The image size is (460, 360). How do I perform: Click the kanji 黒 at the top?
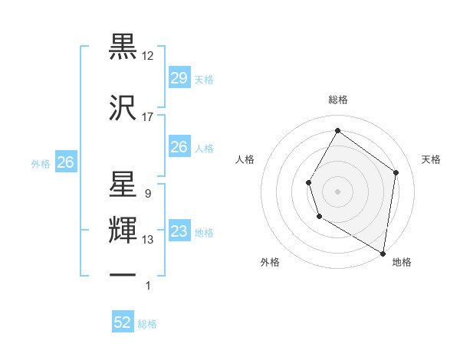click(x=123, y=47)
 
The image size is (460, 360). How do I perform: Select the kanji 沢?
click(x=123, y=107)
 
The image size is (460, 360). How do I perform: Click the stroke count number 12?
click(x=148, y=56)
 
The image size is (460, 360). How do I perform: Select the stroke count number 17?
click(x=148, y=116)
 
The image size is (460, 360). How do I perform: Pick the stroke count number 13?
click(x=148, y=240)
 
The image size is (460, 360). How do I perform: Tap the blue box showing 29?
click(x=179, y=78)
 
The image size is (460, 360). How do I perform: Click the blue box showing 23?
click(x=179, y=231)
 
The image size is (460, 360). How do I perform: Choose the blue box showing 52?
click(x=123, y=322)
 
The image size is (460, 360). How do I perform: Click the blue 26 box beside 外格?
click(x=65, y=162)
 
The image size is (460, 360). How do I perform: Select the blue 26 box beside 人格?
click(x=179, y=147)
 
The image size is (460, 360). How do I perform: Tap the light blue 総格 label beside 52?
click(x=147, y=324)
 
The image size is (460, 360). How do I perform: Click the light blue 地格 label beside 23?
click(x=204, y=233)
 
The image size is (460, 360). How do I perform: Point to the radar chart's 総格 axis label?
click(x=337, y=100)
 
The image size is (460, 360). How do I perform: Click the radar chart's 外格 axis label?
click(x=270, y=262)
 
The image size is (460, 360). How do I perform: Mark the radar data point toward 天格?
click(x=396, y=172)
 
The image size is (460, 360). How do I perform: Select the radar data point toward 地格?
click(x=383, y=253)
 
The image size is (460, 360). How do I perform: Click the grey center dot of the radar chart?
click(x=337, y=191)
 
